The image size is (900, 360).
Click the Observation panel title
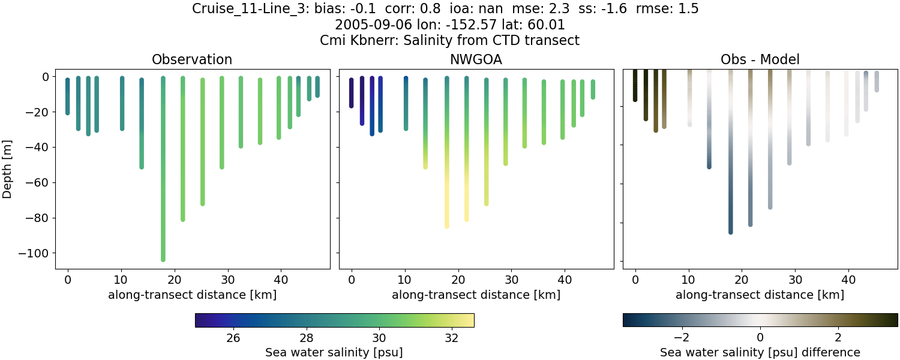pos(192,59)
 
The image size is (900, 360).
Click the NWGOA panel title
pos(476,59)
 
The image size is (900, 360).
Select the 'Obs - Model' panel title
pos(760,59)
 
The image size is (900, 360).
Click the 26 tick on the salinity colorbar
pos(233,337)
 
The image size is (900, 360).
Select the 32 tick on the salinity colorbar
pos(452,337)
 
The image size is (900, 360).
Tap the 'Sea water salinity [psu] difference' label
pos(760,352)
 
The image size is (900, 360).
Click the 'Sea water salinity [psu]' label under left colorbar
pos(334,352)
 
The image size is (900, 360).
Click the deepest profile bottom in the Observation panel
pos(163,259)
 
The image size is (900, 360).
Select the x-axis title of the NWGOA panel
pos(476,295)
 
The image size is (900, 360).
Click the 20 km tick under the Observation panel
pos(175,280)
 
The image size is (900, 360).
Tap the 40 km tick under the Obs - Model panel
pos(848,280)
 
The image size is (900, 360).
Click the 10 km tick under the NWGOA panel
pos(405,280)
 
